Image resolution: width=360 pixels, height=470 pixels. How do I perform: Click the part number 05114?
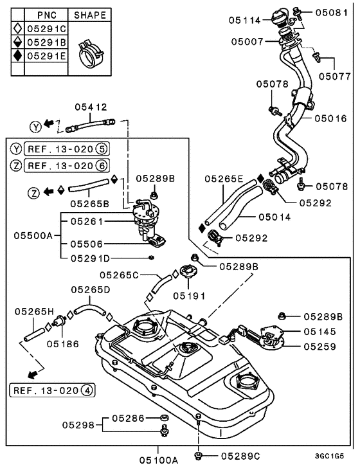click(x=245, y=20)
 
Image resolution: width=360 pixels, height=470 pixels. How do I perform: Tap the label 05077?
click(x=334, y=77)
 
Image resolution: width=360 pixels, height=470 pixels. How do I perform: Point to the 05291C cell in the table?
click(x=46, y=28)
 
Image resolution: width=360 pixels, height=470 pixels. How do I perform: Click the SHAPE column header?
click(x=90, y=15)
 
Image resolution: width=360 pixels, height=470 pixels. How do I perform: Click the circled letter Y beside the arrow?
click(x=35, y=127)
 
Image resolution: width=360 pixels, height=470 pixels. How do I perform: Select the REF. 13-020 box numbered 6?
click(x=67, y=165)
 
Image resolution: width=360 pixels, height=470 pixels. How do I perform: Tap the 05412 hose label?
click(x=91, y=107)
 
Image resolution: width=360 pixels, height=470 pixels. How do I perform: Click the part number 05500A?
click(x=33, y=235)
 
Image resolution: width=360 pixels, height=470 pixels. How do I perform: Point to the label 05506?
click(x=86, y=244)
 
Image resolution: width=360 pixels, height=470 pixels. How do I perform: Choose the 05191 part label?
click(x=189, y=296)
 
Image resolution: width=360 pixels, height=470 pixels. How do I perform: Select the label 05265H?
click(x=34, y=312)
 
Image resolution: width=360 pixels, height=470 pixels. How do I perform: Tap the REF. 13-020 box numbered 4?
click(x=52, y=390)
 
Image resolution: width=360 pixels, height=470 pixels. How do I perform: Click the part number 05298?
click(x=78, y=425)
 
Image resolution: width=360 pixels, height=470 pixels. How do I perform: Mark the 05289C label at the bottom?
click(x=240, y=456)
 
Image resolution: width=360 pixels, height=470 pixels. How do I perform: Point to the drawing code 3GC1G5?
click(x=329, y=456)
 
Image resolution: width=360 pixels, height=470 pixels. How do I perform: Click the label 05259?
click(x=320, y=347)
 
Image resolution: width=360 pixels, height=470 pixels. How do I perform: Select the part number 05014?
click(x=274, y=217)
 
